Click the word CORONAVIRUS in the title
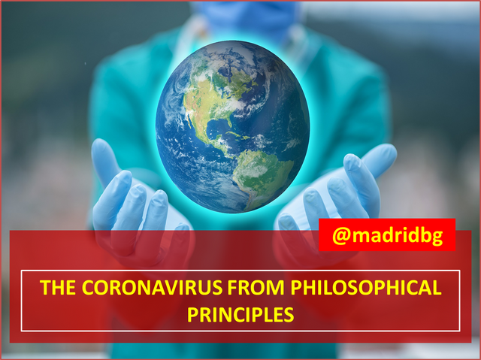152,287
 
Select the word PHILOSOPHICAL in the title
366,287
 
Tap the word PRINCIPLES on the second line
240,314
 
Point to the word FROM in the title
256,287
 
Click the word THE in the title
58,287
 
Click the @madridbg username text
388,235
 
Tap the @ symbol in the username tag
341,235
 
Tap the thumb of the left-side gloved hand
104,159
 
